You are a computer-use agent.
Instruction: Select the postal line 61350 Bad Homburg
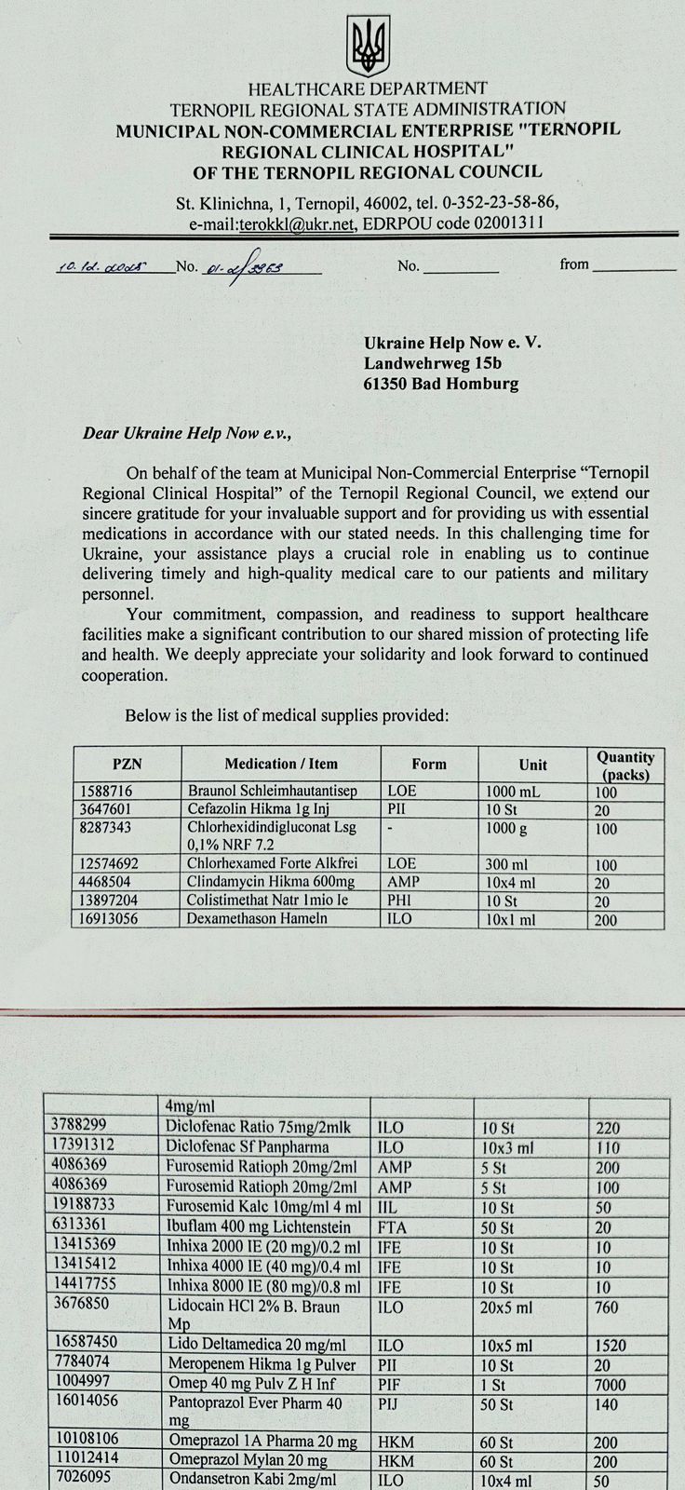pos(441,384)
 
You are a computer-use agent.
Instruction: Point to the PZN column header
pos(127,764)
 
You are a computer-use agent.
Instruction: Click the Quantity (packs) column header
pos(625,765)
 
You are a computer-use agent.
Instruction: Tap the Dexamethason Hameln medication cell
pos(258,918)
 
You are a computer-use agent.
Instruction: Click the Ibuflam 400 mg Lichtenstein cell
pos(259,1227)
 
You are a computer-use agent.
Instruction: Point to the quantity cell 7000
pos(610,1385)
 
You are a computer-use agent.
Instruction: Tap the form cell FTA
pos(393,1227)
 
